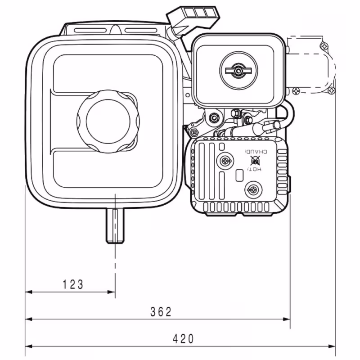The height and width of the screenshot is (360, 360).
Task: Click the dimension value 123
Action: [73, 284]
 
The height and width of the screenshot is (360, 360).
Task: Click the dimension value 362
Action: [161, 312]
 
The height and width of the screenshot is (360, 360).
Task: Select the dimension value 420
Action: [183, 339]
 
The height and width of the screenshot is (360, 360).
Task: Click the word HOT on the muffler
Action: [254, 169]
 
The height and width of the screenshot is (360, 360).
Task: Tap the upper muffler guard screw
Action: [225, 160]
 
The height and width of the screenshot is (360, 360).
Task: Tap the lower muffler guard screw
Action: [253, 190]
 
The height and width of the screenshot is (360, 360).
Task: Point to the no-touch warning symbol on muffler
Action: [255, 161]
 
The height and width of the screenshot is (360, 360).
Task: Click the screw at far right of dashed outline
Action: [332, 91]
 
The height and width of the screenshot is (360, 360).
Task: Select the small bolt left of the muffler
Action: [194, 132]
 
